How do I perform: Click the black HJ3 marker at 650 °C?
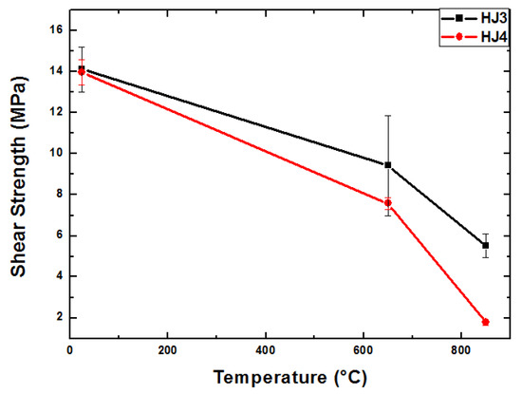click(387, 165)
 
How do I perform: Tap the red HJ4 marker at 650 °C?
click(387, 203)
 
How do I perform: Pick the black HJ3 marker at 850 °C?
click(485, 245)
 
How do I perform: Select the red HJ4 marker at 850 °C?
click(485, 322)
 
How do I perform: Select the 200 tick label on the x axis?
click(168, 349)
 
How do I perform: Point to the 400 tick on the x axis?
click(266, 349)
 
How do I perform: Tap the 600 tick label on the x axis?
click(364, 349)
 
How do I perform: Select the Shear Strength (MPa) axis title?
click(19, 176)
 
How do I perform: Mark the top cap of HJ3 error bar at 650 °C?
click(387, 116)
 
